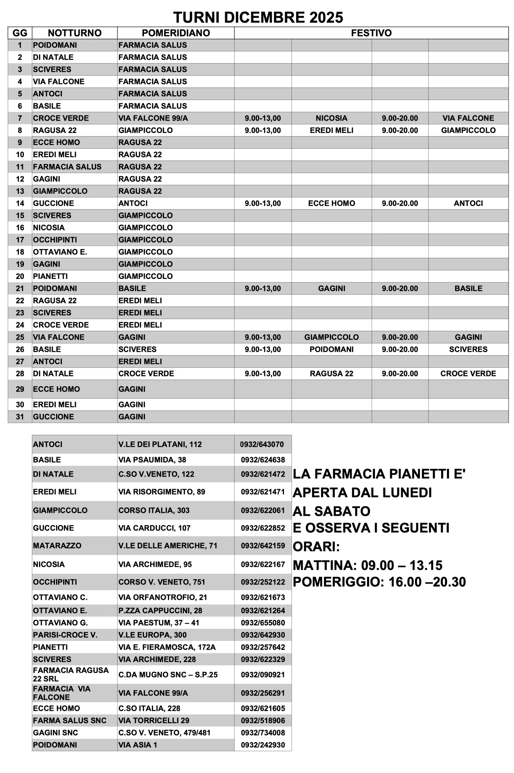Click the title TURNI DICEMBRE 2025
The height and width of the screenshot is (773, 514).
click(x=258, y=17)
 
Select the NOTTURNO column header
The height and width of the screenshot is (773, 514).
click(x=74, y=33)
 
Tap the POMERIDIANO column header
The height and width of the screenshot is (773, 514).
click(x=176, y=33)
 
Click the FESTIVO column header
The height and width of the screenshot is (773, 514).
click(x=371, y=33)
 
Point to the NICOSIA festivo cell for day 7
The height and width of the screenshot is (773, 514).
click(x=331, y=118)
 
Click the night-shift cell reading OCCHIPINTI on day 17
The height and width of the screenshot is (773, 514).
click(x=55, y=240)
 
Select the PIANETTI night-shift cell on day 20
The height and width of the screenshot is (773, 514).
click(x=50, y=276)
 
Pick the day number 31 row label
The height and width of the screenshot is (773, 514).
click(x=20, y=417)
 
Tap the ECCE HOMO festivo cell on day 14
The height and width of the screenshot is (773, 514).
click(x=331, y=203)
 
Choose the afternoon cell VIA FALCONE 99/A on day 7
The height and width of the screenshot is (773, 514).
click(x=153, y=118)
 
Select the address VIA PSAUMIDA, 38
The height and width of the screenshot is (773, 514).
click(x=152, y=460)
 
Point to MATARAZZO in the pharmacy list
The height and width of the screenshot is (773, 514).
click(x=57, y=545)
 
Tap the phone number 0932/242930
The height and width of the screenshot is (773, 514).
click(x=262, y=745)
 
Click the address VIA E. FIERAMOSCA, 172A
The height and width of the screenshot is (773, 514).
click(x=167, y=647)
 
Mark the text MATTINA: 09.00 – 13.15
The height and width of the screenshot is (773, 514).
click(x=367, y=566)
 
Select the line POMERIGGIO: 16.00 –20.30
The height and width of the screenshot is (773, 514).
click(x=379, y=582)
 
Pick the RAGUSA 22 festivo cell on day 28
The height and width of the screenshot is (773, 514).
click(x=331, y=374)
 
